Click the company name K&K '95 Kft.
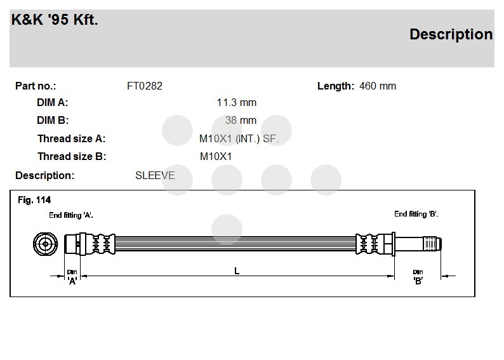55,19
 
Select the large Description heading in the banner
451,34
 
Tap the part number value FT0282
145,86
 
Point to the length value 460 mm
378,86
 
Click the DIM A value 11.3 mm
237,102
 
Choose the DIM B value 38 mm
241,120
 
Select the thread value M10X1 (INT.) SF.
239,139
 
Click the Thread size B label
72,157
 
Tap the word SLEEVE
155,175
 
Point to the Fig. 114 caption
34,200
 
